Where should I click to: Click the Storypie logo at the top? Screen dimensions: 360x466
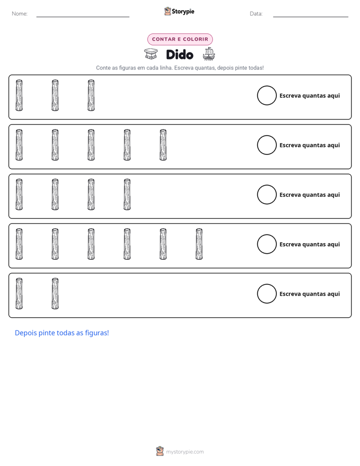click(179, 11)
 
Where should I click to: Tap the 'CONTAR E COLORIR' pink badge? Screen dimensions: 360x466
click(180, 39)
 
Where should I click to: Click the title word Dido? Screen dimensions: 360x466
click(179, 54)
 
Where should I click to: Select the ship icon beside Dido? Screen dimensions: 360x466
click(209, 54)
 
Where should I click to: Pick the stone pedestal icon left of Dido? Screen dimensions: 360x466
click(151, 54)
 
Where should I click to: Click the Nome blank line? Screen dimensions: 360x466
click(83, 17)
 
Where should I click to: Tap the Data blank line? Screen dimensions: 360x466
click(311, 17)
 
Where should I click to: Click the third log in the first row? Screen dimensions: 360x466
click(91, 95)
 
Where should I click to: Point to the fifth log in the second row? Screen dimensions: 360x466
click(163, 145)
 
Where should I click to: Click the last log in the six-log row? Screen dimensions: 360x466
click(199, 244)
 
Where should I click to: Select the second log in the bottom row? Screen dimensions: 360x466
click(55, 294)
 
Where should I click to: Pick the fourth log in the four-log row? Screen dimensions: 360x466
click(127, 194)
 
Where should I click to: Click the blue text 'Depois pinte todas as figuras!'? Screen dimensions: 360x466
click(62, 333)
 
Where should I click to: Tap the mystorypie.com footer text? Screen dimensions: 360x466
click(185, 452)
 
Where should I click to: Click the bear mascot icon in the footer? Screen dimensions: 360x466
click(160, 451)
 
